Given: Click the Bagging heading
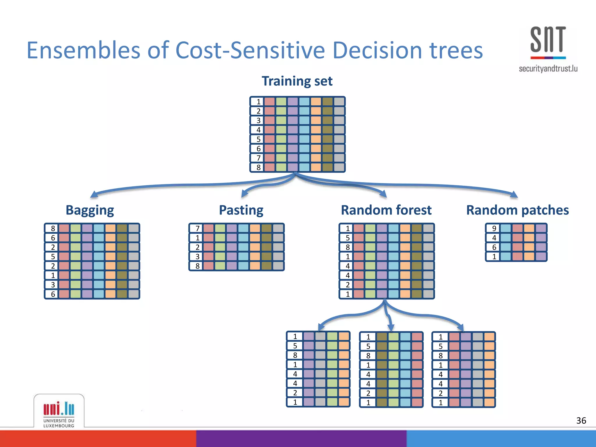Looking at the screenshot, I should coord(90,210).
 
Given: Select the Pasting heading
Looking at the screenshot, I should coord(241,210).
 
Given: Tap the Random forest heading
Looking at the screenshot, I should coord(386,210).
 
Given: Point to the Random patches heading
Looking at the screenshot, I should coord(517,210).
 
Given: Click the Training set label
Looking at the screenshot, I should coord(297,81).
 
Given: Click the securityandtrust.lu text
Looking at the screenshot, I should coord(548,69).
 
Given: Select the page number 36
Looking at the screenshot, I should coord(581,421).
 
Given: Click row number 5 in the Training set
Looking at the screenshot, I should coord(258,139).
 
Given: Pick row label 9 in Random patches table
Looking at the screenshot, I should coord(494,228).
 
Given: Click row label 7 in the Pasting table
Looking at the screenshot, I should coord(197,228).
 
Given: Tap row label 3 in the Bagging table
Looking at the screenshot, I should coord(53,285).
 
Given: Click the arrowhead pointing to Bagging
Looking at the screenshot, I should coord(94,194).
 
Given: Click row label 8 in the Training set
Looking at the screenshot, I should coord(258,167).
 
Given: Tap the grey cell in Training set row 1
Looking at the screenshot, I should coord(339,102).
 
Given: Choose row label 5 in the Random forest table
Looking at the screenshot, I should coord(347,238).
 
